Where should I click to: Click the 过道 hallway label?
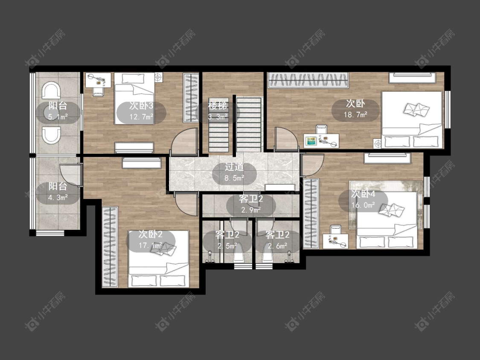pos(234,167)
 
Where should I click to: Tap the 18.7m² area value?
pos(355,115)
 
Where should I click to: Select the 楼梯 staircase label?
pos(218,105)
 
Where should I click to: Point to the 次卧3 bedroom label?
pos(141,106)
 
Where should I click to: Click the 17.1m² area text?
pos(150,246)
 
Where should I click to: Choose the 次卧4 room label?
pos(363,194)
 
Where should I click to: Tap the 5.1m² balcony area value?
pos(58,117)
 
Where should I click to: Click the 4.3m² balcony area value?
pos(58,198)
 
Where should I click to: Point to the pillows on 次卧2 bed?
pos(163,249)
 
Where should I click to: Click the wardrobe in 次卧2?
pos(110,247)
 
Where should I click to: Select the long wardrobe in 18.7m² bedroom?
pos(308,80)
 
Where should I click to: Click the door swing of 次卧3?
pos(183,141)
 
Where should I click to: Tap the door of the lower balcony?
pos(71,175)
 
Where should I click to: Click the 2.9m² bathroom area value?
pos(251,210)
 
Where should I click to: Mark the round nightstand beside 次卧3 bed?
pos(158,78)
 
